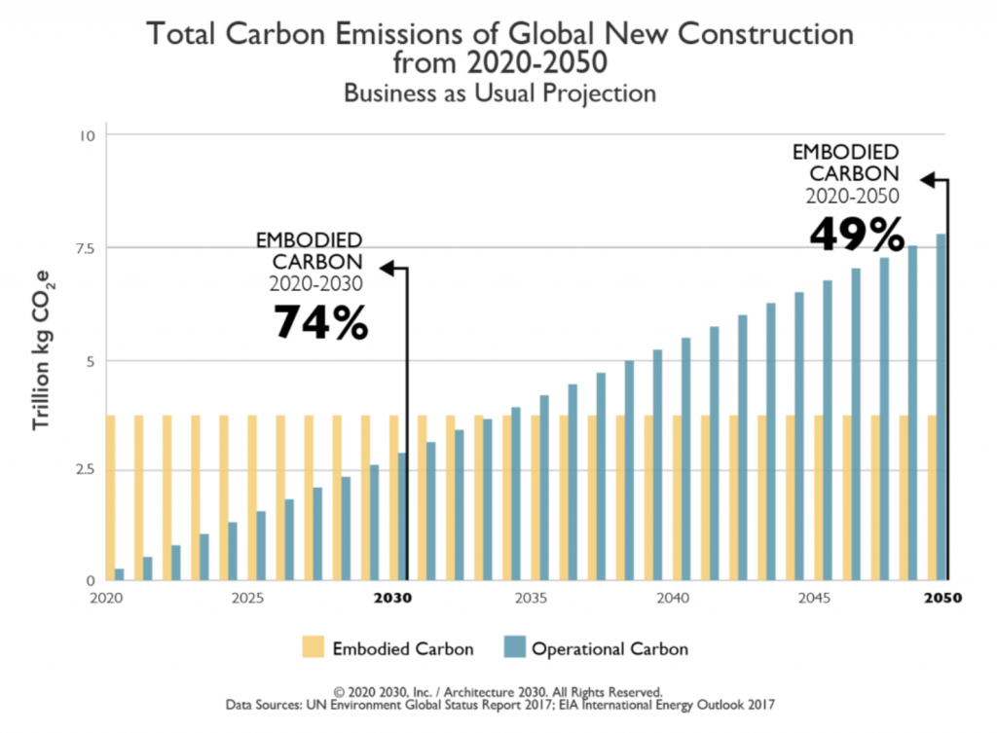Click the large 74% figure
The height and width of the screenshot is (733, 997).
[320, 322]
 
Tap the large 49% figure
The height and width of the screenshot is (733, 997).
[857, 235]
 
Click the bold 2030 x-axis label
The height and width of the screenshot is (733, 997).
[394, 597]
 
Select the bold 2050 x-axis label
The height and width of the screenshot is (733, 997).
[942, 597]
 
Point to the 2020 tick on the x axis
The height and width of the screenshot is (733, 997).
[106, 597]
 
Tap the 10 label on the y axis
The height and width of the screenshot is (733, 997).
[88, 134]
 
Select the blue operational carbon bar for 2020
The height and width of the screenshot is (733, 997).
[120, 574]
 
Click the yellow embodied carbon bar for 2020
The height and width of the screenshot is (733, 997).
[111, 497]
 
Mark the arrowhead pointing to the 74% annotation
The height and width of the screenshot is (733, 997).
[387, 267]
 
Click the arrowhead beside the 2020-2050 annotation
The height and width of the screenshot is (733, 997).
[928, 179]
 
